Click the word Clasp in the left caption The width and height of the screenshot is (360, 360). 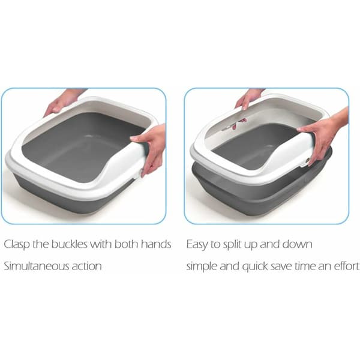tap(17, 244)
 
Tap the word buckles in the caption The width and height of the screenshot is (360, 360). tap(70, 244)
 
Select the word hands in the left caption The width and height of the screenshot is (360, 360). tap(156, 244)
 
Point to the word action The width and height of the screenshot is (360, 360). tap(86, 266)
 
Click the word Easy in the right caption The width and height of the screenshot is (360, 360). tap(197, 245)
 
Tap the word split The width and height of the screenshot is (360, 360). tap(232, 245)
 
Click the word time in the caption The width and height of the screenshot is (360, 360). tap(305, 266)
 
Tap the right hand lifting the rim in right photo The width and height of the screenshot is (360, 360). tap(326, 136)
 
